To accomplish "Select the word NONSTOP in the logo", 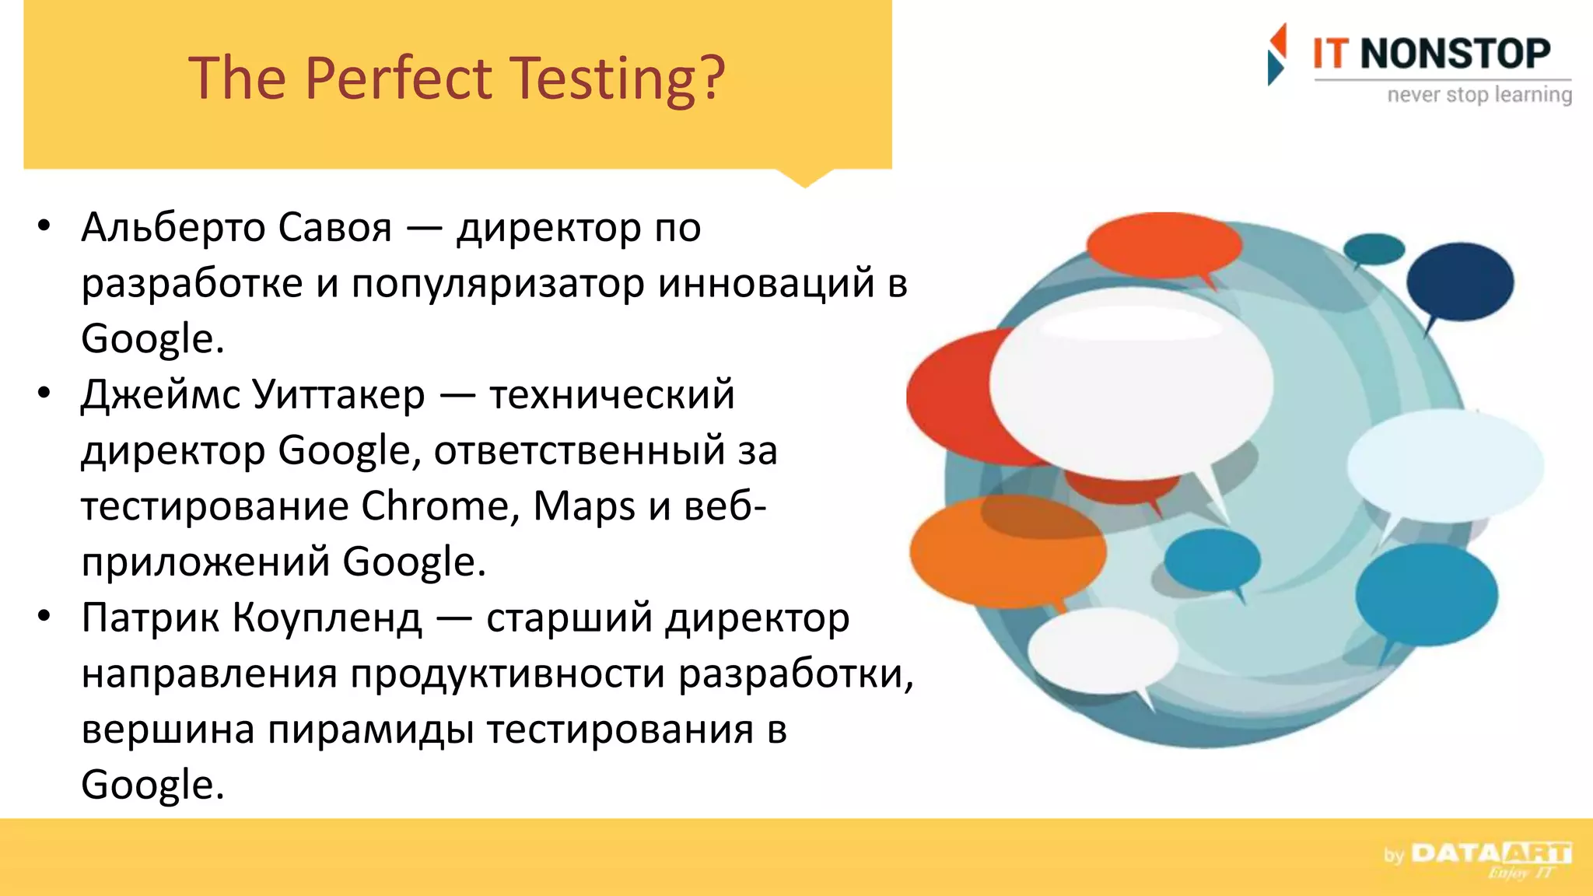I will (1455, 54).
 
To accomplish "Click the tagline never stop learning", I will (1479, 95).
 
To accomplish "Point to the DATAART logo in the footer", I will (1490, 854).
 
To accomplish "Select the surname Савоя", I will (334, 228).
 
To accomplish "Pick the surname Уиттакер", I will (339, 394).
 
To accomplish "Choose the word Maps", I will (584, 506).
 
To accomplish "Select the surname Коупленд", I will (327, 618).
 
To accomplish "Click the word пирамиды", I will (370, 730).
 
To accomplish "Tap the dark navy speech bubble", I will (1459, 282).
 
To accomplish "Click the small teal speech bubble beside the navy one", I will (1374, 249).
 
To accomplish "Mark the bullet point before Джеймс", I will (44, 393).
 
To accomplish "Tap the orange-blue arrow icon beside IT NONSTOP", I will (1276, 54).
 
